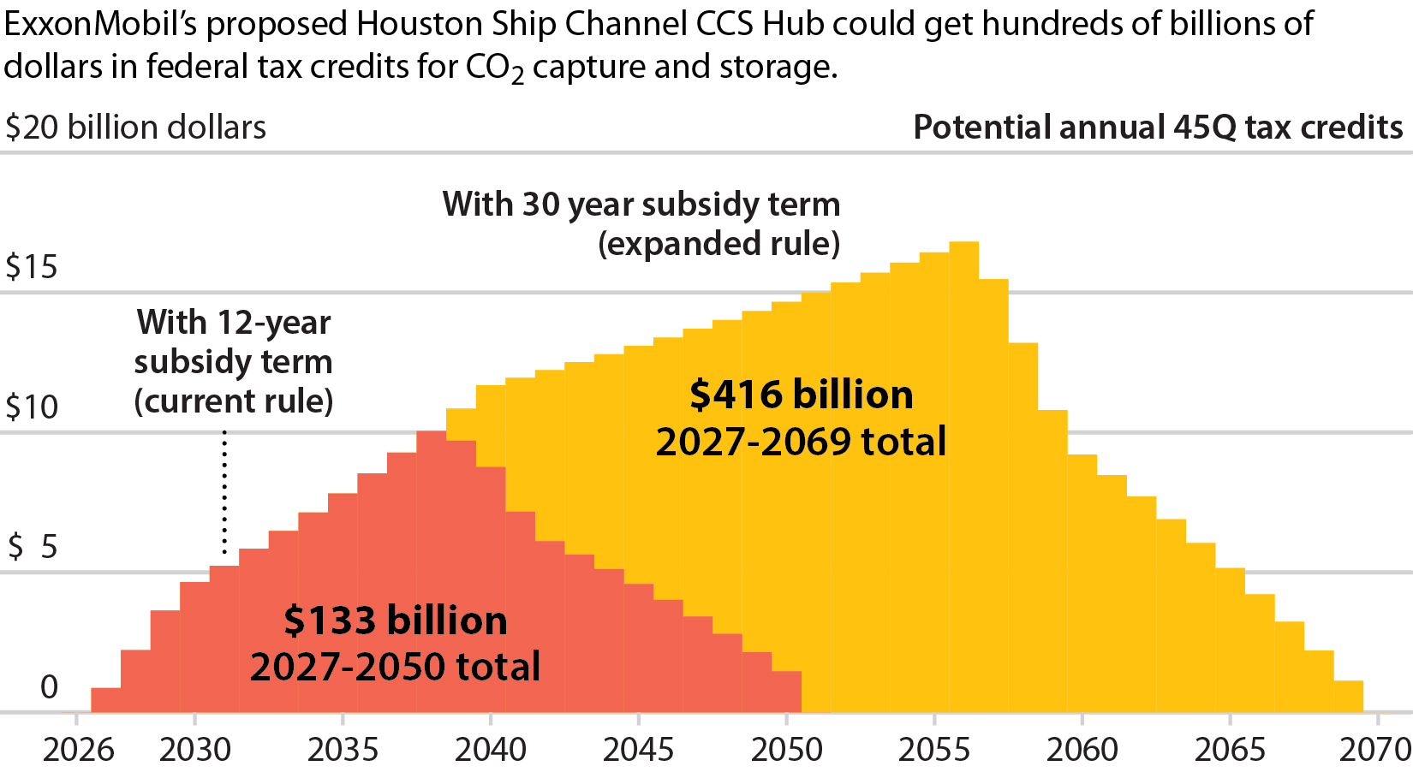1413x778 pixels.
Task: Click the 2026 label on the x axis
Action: [78, 750]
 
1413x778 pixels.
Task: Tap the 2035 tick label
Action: [343, 750]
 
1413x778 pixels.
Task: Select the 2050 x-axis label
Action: [786, 750]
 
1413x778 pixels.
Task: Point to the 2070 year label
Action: [1374, 750]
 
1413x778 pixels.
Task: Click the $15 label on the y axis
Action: [32, 267]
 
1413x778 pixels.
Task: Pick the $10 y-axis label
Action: [32, 407]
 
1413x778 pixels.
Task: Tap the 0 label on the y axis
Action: [49, 686]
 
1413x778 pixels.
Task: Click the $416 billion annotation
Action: [801, 395]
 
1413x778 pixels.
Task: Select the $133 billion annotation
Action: [395, 621]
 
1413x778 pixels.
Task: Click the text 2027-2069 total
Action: [801, 442]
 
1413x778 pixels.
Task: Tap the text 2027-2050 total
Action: [395, 667]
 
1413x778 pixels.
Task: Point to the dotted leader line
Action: [224, 492]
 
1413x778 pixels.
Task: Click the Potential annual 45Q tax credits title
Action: [1158, 128]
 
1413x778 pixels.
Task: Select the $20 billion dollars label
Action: [135, 128]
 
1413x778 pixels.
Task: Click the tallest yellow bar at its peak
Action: [963, 248]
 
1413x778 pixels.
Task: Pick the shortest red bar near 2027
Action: [105, 699]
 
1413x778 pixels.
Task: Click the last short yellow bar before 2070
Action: [1348, 696]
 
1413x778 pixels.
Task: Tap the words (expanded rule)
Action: [718, 244]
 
